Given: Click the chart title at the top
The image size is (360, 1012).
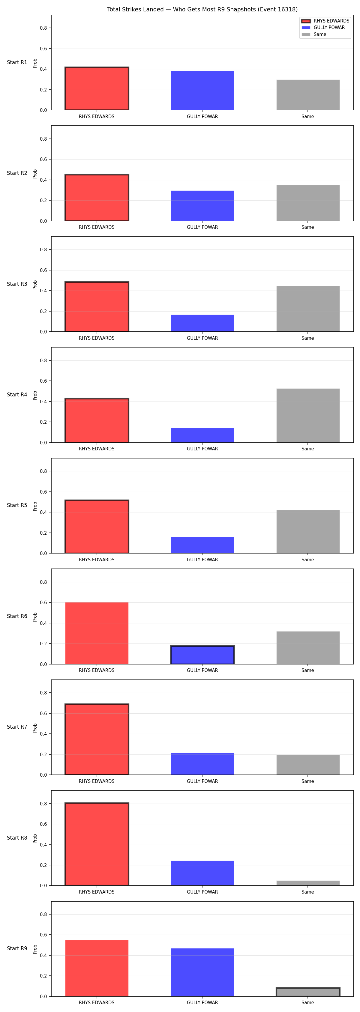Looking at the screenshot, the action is pos(202,9).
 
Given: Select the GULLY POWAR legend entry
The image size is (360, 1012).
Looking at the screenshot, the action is pos(323,28).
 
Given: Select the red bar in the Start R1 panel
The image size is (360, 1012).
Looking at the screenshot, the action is pos(97,88).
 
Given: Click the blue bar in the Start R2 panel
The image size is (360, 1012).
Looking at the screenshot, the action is pos(202,206).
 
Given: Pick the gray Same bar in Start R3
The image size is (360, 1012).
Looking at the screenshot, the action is pos(308,309).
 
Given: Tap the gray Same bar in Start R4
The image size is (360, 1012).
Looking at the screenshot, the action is pos(308,416).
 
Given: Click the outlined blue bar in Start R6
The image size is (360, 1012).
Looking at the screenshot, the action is pos(202,655).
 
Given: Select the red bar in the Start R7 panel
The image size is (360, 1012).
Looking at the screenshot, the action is pos(97,739).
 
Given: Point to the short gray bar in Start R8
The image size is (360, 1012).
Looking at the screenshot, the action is pos(308,883).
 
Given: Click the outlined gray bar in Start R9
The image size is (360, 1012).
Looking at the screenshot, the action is pos(308,992).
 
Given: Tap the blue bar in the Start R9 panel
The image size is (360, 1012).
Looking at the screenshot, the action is pos(202,972).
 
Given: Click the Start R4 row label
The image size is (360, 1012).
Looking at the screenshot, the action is pos(17,395).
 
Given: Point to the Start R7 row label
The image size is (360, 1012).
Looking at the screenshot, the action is pos(17,727).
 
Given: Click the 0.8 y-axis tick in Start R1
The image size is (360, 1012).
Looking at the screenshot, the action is pos(43,28).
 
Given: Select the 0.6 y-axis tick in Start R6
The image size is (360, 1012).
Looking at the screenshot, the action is pos(43,603).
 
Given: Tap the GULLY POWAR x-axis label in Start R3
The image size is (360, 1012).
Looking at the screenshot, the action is pos(202,338).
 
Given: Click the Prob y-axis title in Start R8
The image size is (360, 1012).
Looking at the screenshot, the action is pos(35,839).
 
